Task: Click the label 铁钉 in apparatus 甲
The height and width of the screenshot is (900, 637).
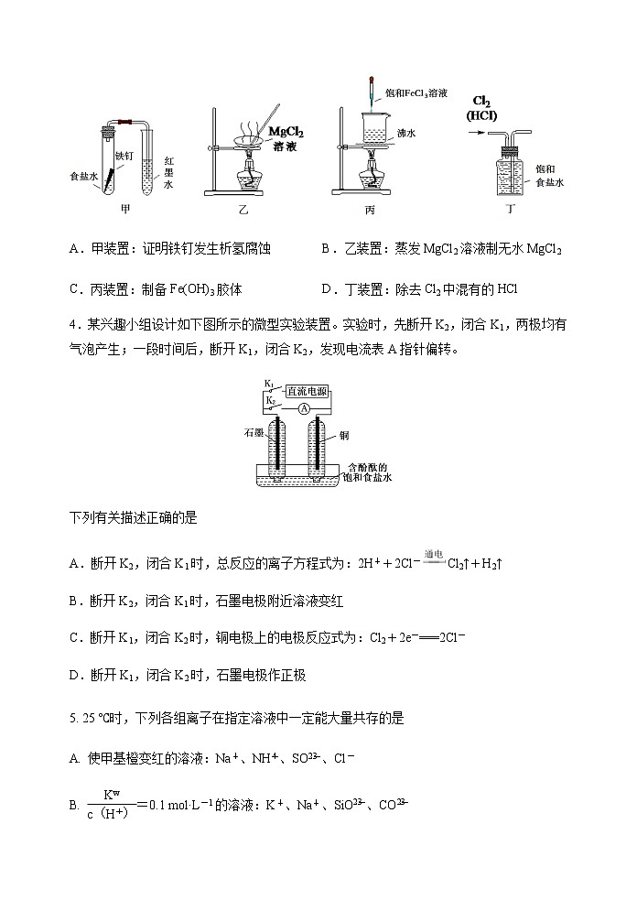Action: (124, 157)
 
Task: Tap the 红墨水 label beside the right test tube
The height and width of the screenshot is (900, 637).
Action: (168, 172)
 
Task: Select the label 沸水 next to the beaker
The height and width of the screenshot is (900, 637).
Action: (405, 133)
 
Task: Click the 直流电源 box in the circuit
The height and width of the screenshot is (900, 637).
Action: (303, 390)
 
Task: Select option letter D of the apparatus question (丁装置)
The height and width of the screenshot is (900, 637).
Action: (328, 288)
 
